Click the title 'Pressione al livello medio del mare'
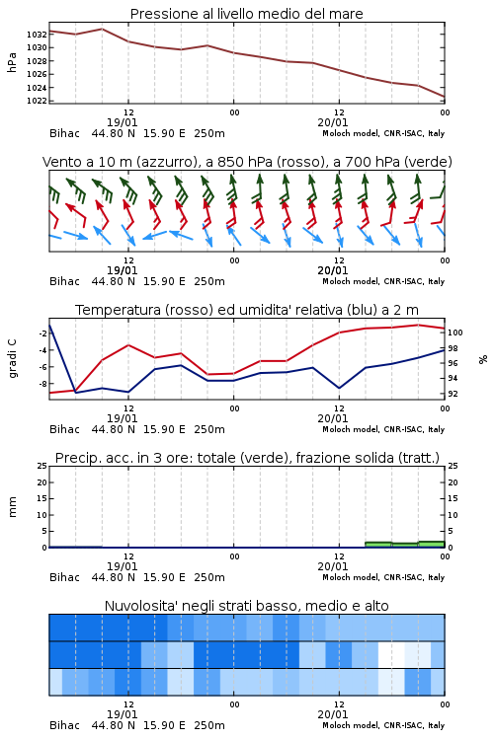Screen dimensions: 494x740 (246, 14)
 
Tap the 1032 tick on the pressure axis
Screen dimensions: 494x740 (37, 35)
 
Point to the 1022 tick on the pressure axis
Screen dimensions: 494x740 (37, 101)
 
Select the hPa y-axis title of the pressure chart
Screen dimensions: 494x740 (12, 62)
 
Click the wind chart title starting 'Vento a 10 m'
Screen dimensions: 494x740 (247, 162)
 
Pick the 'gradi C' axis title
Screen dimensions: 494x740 (12, 358)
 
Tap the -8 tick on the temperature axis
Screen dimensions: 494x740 (42, 384)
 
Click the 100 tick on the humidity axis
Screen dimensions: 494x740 (455, 333)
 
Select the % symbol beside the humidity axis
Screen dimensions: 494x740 (483, 359)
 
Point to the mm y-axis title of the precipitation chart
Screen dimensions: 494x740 (12, 507)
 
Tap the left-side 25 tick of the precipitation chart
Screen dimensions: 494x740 (42, 466)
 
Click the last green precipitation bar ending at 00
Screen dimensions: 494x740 (432, 544)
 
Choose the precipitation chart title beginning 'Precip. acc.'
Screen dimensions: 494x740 (247, 458)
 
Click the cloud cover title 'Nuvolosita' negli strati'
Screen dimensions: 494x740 (246, 606)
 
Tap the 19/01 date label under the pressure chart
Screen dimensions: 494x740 (122, 122)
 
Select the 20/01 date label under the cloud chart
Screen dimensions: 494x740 (333, 714)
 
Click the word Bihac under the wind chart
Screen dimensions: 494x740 (65, 281)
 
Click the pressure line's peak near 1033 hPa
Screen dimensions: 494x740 (102, 29)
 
